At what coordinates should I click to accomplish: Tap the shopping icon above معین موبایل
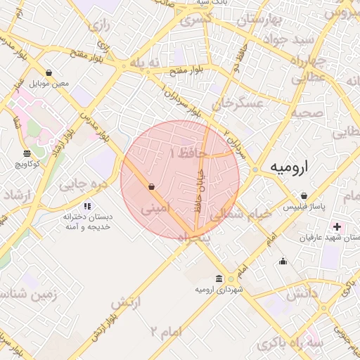click(x=49, y=72)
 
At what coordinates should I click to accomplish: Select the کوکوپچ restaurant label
click(x=27, y=163)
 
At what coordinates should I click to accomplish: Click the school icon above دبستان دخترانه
click(x=87, y=206)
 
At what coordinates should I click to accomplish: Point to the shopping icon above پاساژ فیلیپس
click(x=303, y=195)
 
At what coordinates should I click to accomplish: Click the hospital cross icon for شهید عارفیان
click(x=337, y=226)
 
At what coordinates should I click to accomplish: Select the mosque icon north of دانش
click(x=283, y=262)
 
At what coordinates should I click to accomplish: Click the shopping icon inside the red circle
click(x=152, y=186)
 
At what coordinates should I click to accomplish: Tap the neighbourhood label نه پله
click(x=146, y=63)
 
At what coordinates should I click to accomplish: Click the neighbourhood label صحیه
click(x=307, y=112)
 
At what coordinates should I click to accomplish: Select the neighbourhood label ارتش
click(x=122, y=302)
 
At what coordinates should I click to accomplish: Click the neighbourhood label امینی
click(x=155, y=209)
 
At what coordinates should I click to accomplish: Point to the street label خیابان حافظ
click(x=200, y=189)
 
